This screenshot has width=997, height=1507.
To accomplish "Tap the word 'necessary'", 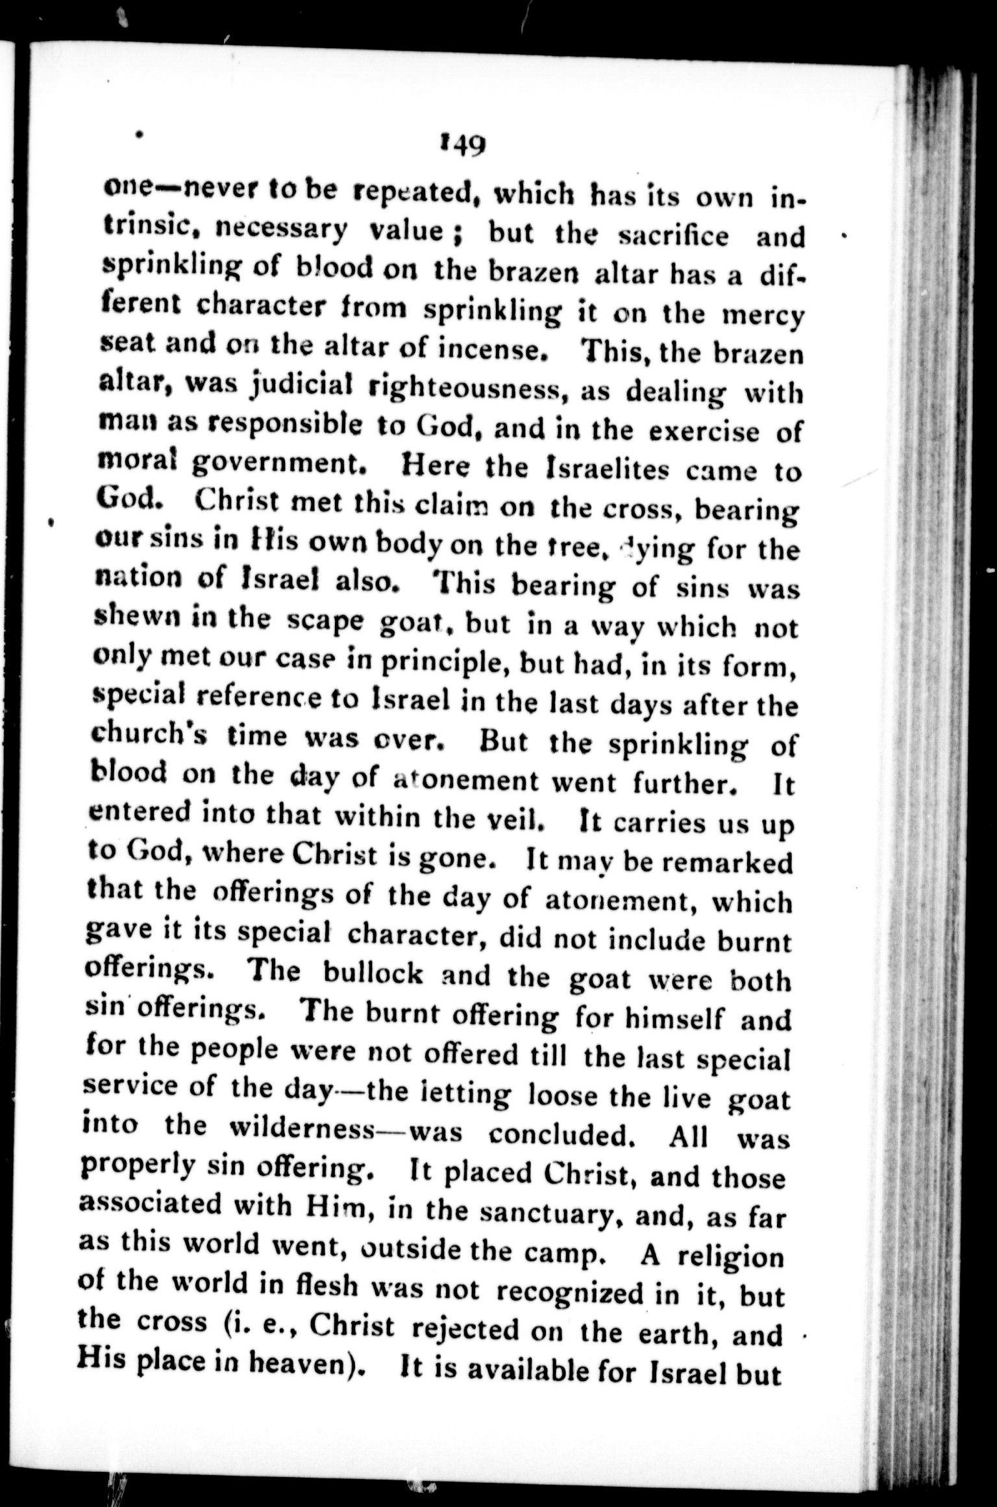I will point(281,229).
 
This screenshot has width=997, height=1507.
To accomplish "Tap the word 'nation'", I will point(138,576).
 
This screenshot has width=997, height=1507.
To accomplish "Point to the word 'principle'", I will point(443,663).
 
